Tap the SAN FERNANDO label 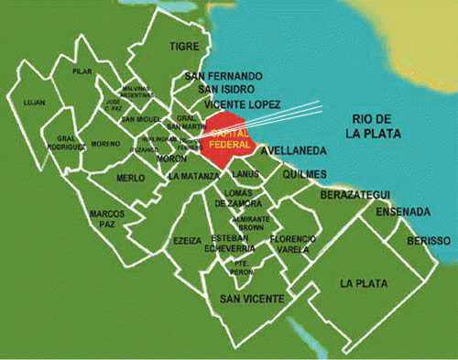click(x=224, y=74)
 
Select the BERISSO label click(x=429, y=240)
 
